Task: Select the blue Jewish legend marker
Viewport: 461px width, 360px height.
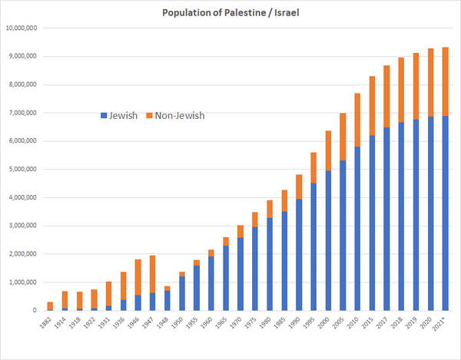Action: (x=104, y=116)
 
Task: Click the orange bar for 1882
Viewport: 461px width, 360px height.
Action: (x=50, y=306)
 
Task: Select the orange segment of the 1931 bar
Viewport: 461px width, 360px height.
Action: (x=108, y=294)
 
